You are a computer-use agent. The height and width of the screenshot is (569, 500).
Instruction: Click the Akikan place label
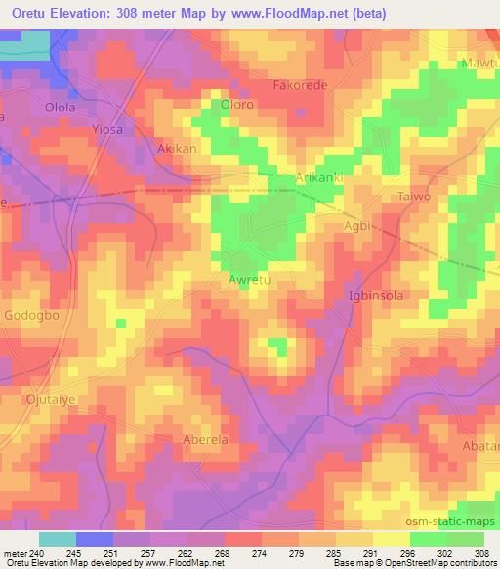[177, 149]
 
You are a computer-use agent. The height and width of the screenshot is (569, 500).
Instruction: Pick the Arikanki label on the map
[321, 177]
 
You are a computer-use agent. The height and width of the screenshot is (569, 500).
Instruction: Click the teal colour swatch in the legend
[58, 539]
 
